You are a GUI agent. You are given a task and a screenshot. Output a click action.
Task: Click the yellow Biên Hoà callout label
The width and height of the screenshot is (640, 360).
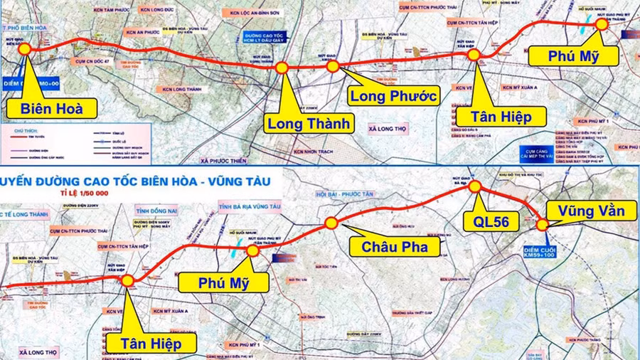click(x=53, y=109)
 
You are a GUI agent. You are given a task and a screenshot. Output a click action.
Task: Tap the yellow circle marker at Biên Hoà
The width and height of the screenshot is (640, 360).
click(x=24, y=48)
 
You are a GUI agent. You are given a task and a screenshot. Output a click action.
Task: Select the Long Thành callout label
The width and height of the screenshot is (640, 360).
click(x=309, y=123)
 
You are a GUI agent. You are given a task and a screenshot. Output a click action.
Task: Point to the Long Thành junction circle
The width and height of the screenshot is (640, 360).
click(x=282, y=68)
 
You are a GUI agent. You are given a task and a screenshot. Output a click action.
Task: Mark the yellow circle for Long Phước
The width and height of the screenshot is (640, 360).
click(x=333, y=66)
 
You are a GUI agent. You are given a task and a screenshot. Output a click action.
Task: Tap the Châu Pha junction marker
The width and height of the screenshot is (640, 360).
click(x=331, y=223)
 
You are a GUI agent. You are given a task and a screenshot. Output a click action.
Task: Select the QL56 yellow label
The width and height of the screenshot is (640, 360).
click(x=491, y=221)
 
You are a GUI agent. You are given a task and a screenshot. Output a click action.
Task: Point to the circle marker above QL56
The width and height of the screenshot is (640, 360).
click(x=475, y=186)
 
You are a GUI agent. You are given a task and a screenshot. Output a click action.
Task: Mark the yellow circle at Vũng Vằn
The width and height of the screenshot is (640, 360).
click(x=543, y=225)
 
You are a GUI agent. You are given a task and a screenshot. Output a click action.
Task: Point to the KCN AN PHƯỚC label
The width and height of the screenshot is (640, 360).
click(x=143, y=33)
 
